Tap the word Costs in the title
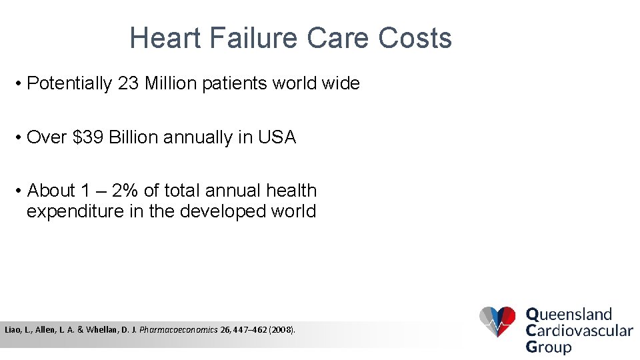coord(415,38)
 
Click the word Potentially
coord(69,83)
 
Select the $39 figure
coord(88,137)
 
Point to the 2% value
coord(125,191)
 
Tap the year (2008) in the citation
coord(281,330)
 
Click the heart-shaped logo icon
coord(497,322)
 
